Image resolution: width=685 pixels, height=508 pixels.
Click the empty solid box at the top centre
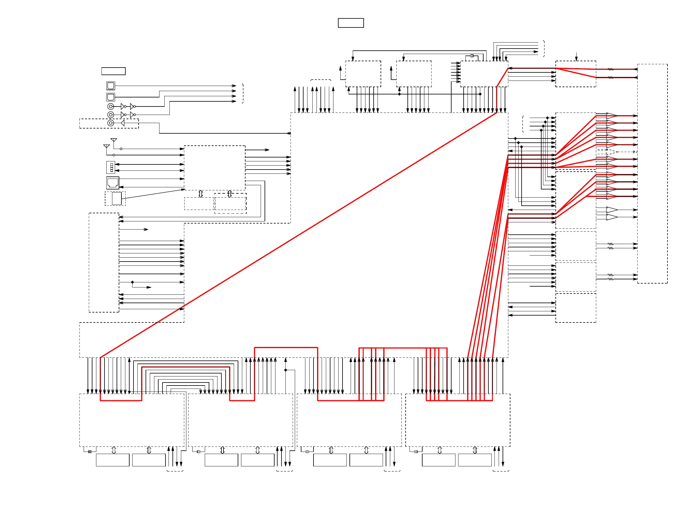tap(351, 23)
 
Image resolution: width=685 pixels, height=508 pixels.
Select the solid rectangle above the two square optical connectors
tap(113, 71)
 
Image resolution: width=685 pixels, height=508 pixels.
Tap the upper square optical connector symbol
tap(111, 85)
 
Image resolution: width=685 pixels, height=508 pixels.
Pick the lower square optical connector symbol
tap(111, 97)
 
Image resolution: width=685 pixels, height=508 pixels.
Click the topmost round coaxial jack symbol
tap(111, 106)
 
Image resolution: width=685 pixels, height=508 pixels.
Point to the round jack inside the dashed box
tap(111, 123)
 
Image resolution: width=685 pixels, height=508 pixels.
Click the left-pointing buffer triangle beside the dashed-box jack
tap(123, 123)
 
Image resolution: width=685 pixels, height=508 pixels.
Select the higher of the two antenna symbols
tap(114, 140)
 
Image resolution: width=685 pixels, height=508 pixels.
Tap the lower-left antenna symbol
tap(107, 146)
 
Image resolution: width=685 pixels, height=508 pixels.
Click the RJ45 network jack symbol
tap(113, 183)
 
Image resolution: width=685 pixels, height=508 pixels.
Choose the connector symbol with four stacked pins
tap(111, 167)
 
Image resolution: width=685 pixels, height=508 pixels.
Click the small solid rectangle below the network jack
tap(117, 198)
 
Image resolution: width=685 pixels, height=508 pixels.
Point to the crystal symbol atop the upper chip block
tap(472, 56)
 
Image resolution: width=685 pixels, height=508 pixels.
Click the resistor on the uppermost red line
tap(611, 69)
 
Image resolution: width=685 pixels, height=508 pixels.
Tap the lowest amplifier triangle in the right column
tap(612, 217)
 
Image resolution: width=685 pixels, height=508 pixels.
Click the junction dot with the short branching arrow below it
tap(132, 282)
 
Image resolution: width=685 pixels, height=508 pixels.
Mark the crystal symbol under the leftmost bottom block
tap(90, 451)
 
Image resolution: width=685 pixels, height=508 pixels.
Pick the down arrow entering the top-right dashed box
tap(576, 57)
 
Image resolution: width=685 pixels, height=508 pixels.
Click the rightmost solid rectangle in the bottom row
tap(475, 460)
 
